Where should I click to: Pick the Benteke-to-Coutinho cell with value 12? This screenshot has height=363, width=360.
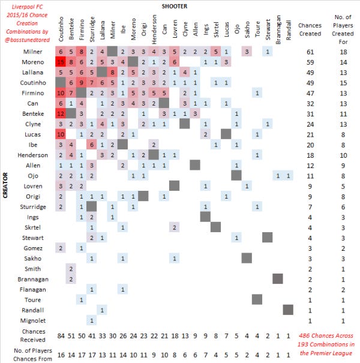(x=61, y=113)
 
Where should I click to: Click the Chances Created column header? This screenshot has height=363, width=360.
(x=309, y=29)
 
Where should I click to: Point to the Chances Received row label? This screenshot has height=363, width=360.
(x=29, y=334)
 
